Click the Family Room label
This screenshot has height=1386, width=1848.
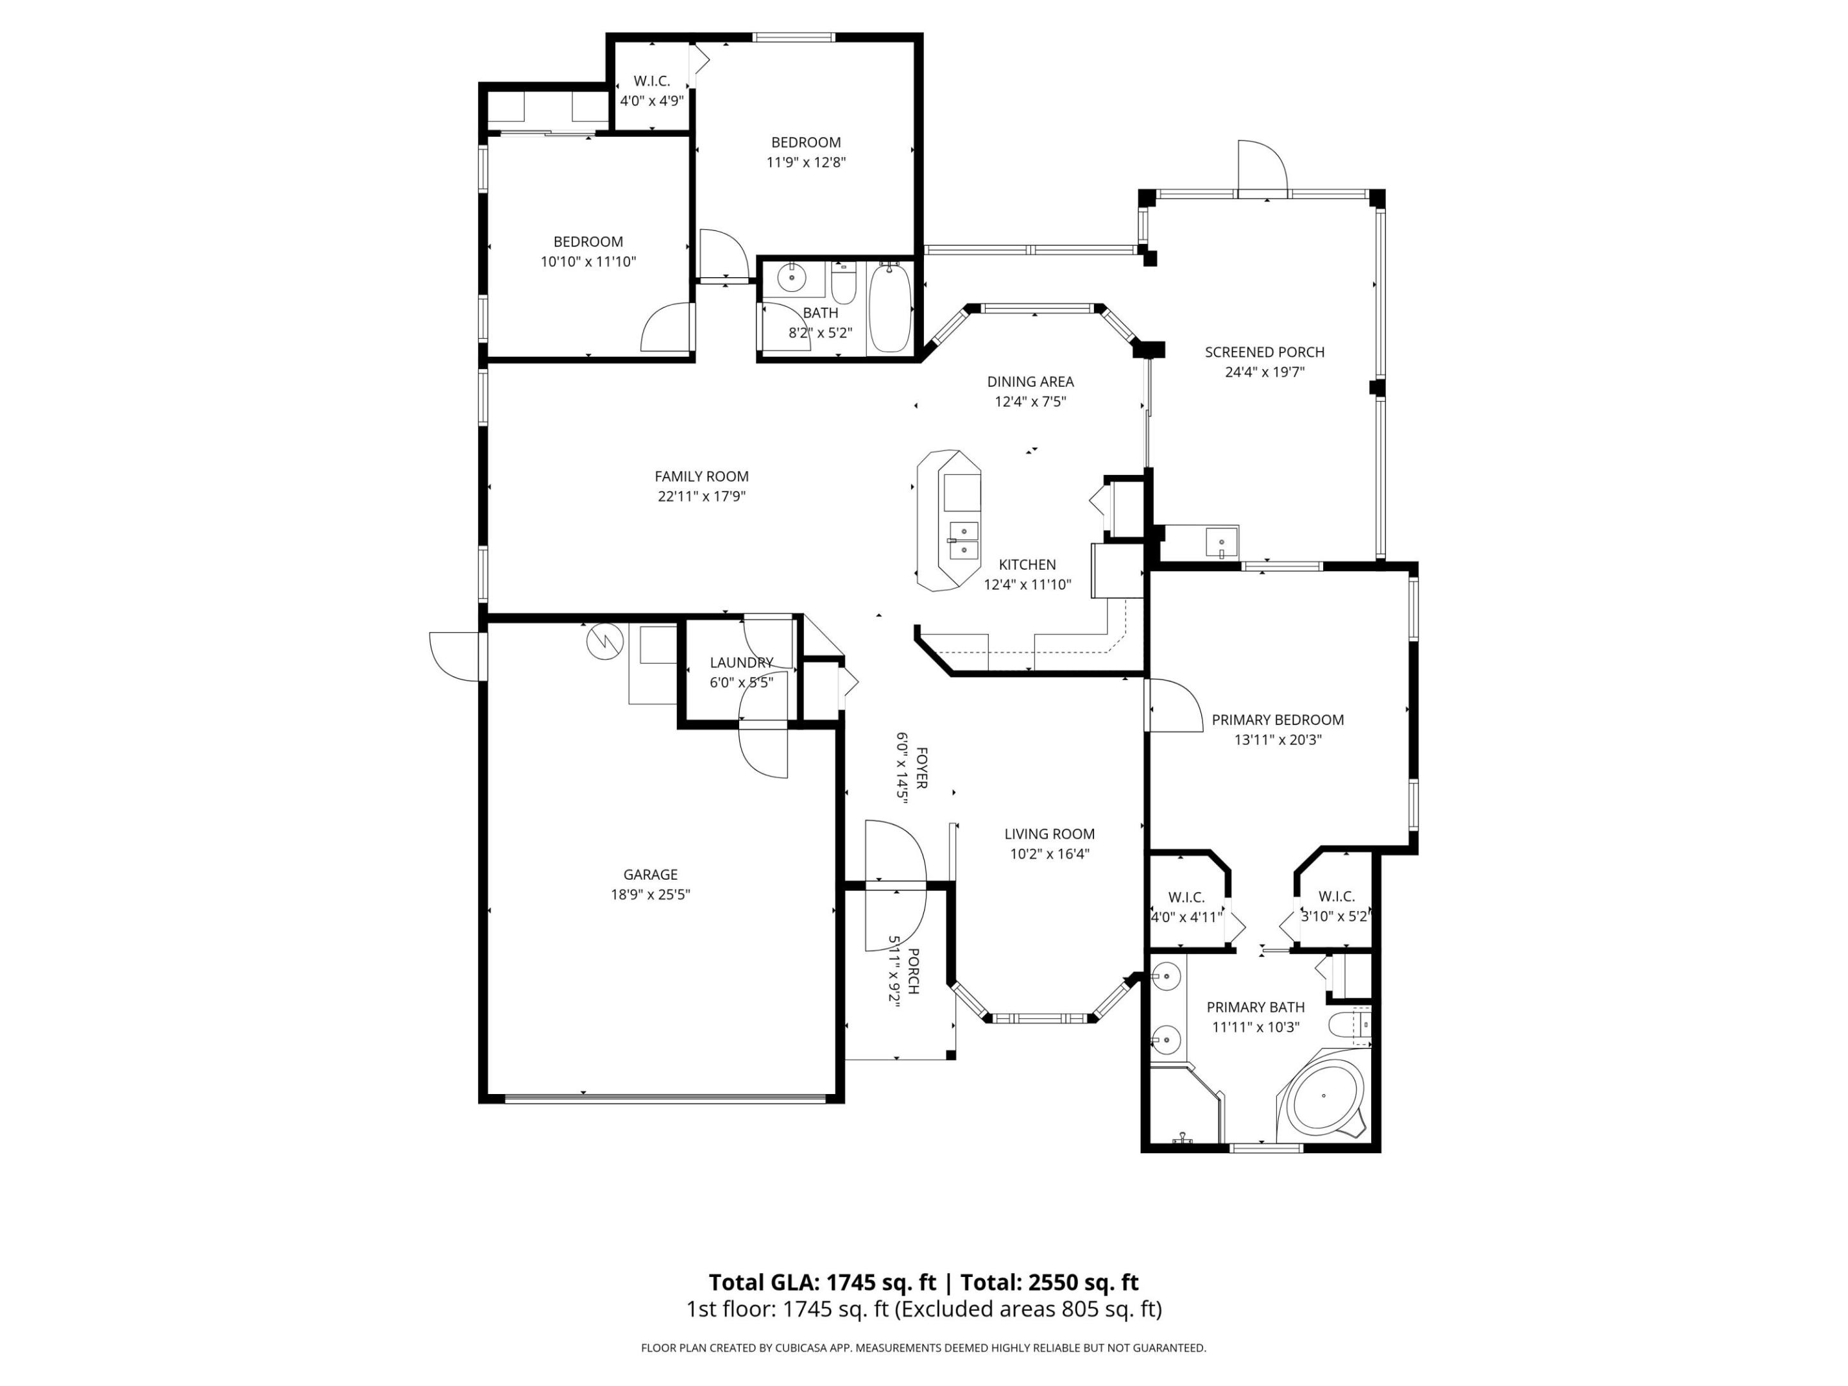[701, 476]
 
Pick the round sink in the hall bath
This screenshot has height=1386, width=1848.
[791, 277]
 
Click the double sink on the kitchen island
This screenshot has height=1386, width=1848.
[963, 540]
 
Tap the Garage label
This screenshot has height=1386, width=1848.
[650, 875]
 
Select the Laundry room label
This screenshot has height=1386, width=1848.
[741, 662]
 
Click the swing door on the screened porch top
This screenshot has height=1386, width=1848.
[1262, 168]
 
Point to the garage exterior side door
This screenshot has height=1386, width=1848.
[456, 656]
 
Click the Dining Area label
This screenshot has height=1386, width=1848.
[1030, 382]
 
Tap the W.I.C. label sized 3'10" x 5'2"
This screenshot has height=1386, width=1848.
[1336, 896]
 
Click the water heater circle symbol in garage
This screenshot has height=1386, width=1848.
[605, 641]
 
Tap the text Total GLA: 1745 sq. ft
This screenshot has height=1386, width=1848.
[822, 1283]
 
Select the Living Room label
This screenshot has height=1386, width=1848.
[1049, 834]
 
